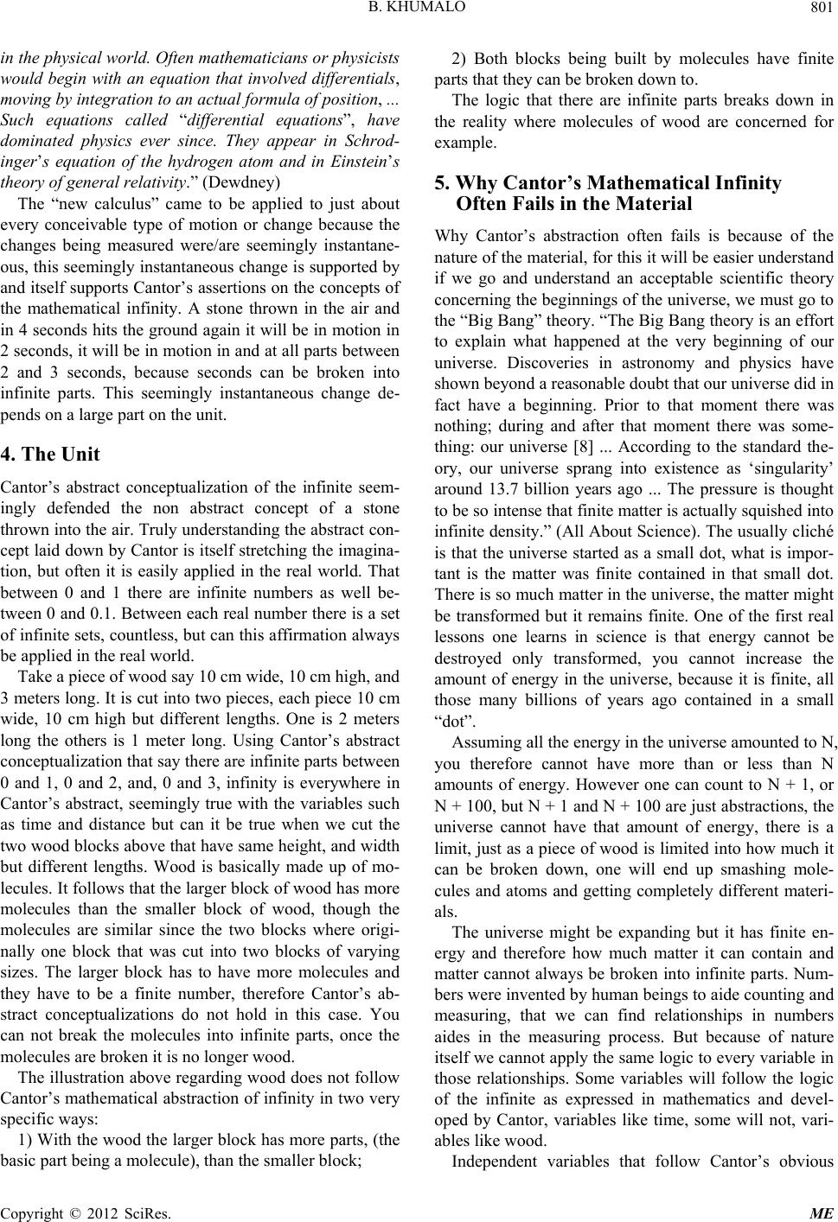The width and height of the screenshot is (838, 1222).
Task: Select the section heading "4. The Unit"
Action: pyautogui.click(x=51, y=454)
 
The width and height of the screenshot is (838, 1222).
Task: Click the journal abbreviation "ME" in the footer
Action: pyautogui.click(x=824, y=1212)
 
